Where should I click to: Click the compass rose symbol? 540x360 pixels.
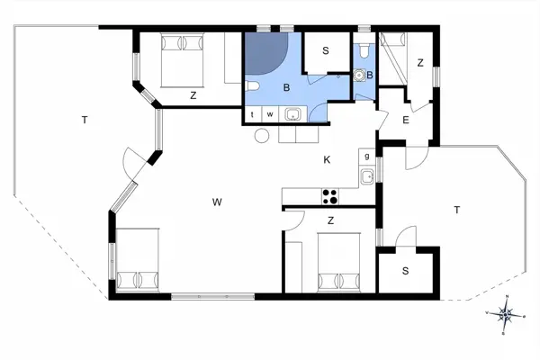pyautogui.click(x=506, y=314)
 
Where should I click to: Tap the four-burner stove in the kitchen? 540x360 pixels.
pyautogui.click(x=329, y=195)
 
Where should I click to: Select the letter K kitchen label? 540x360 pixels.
pyautogui.click(x=327, y=159)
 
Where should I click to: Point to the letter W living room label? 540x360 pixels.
pyautogui.click(x=217, y=202)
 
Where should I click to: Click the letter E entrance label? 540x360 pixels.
pyautogui.click(x=406, y=120)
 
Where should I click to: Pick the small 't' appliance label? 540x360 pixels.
pyautogui.click(x=253, y=114)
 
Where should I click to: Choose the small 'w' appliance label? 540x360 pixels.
pyautogui.click(x=269, y=114)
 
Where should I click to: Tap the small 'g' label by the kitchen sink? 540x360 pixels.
pyautogui.click(x=367, y=156)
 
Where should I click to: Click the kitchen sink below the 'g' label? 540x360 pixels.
pyautogui.click(x=367, y=176)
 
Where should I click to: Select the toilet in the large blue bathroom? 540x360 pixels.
pyautogui.click(x=253, y=86)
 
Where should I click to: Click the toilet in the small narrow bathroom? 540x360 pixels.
pyautogui.click(x=362, y=54)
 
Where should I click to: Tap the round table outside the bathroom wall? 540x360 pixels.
pyautogui.click(x=262, y=136)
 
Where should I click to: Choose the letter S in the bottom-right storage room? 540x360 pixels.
pyautogui.click(x=405, y=271)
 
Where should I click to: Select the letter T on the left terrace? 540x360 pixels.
pyautogui.click(x=84, y=120)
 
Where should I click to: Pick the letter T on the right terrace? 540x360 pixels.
pyautogui.click(x=457, y=210)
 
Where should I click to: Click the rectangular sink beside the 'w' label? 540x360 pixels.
pyautogui.click(x=292, y=114)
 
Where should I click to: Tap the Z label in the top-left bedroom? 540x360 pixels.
pyautogui.click(x=193, y=94)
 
